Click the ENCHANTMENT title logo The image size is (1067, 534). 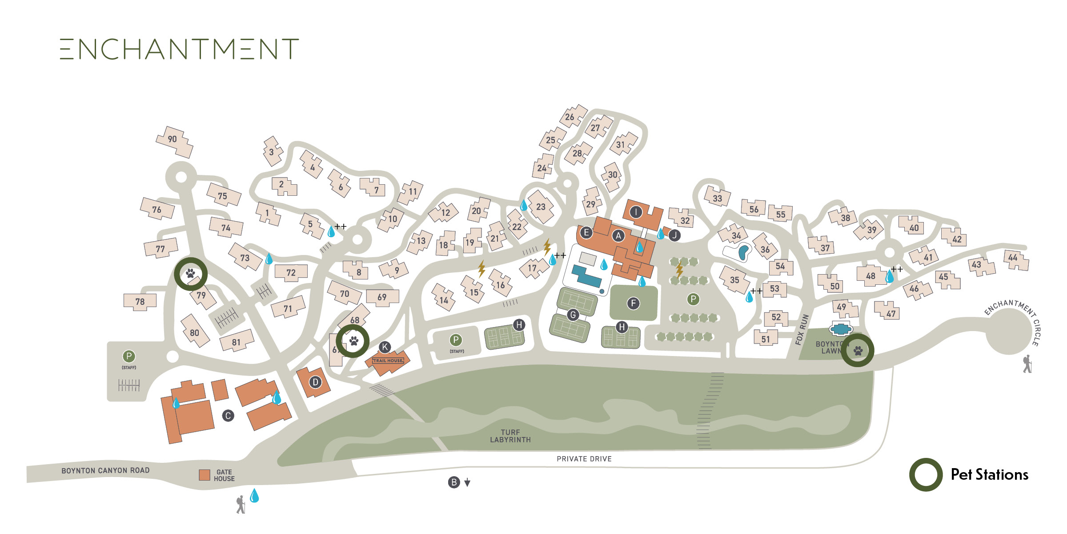click(179, 49)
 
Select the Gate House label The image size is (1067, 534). click(224, 475)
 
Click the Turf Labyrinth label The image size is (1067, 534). click(510, 436)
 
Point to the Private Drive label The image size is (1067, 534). click(584, 459)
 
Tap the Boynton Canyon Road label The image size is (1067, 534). click(105, 470)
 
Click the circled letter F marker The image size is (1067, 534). click(633, 303)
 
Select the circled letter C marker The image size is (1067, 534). click(228, 416)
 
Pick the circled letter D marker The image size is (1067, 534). click(315, 382)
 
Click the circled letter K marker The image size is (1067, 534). click(385, 347)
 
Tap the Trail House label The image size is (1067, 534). click(388, 360)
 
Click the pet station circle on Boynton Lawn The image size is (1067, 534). click(858, 351)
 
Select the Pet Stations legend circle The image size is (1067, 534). click(926, 475)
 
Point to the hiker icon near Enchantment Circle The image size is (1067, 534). click(1027, 364)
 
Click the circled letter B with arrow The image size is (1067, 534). click(454, 482)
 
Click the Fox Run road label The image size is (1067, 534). click(802, 329)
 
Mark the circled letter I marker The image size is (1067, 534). click(636, 212)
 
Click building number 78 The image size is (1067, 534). click(140, 302)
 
